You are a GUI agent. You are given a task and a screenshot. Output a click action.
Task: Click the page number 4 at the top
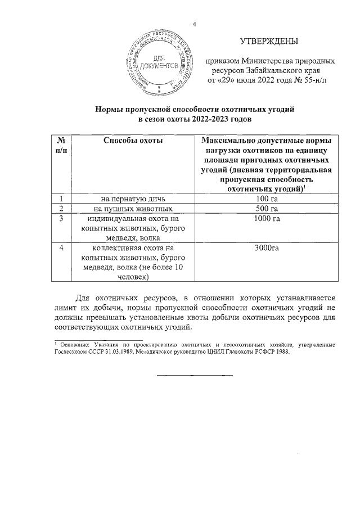pyautogui.click(x=194, y=24)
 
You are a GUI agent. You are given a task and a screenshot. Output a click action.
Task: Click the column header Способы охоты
pyautogui.click(x=133, y=140)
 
